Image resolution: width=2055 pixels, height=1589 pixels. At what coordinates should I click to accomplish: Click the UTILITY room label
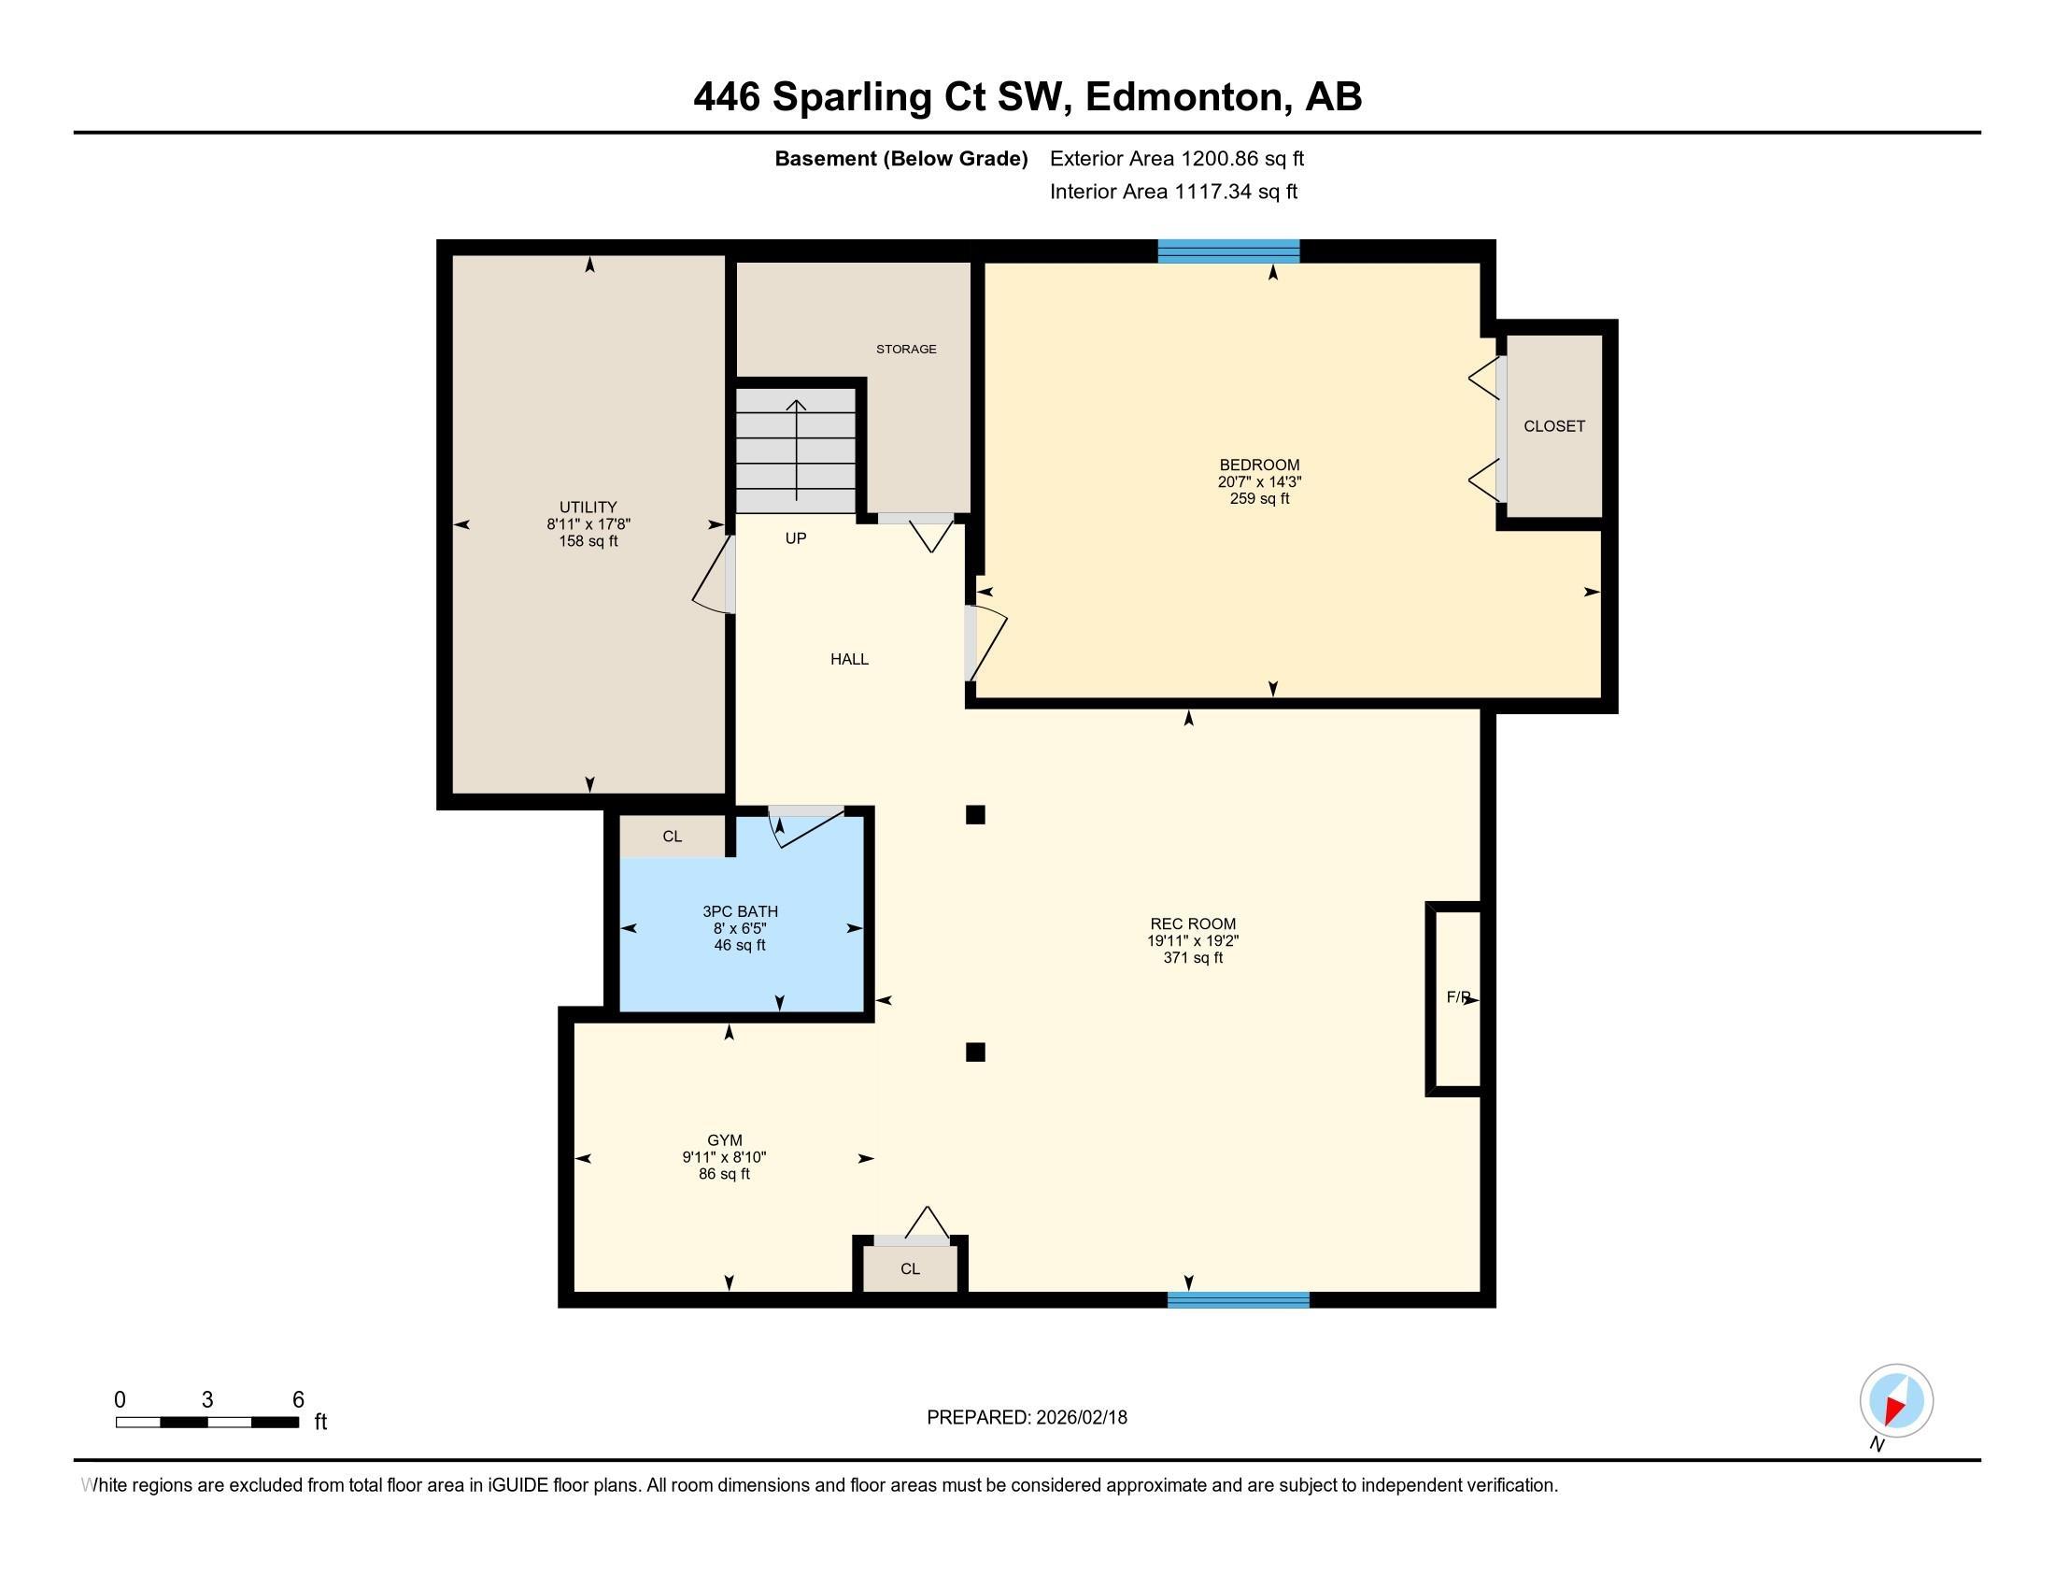pos(588,508)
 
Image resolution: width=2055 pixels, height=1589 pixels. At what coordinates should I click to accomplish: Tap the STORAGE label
pos(906,350)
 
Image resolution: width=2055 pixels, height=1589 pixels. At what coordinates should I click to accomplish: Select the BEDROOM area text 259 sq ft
pos(1259,499)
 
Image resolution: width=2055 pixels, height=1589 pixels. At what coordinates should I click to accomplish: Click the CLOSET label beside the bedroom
pos(1554,426)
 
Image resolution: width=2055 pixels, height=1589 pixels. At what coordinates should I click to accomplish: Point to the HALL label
pos(849,660)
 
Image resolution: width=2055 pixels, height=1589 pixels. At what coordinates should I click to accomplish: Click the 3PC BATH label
pos(741,911)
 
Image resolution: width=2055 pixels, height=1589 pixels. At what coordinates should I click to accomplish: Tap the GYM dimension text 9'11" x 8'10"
pos(725,1158)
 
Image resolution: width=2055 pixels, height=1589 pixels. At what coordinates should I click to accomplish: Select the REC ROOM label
pos(1193,924)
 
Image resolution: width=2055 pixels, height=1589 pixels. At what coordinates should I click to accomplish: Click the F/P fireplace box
pos(1454,999)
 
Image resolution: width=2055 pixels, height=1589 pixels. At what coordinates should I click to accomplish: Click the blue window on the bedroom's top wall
pos(1228,251)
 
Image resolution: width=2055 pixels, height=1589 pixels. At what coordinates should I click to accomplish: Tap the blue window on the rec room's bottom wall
pos(1239,1300)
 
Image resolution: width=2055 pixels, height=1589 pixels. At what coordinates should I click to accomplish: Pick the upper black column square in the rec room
pos(975,814)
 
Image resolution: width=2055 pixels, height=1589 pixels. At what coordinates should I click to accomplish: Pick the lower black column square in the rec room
pos(975,1052)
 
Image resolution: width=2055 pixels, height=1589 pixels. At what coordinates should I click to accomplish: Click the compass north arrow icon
pos(1896,1401)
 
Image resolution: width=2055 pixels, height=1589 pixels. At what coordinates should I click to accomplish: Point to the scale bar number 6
pos(298,1400)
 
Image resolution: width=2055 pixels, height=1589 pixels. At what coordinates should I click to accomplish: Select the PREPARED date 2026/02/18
pos(1081,1418)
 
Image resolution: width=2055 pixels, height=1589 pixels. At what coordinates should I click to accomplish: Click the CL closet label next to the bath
pos(672,837)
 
